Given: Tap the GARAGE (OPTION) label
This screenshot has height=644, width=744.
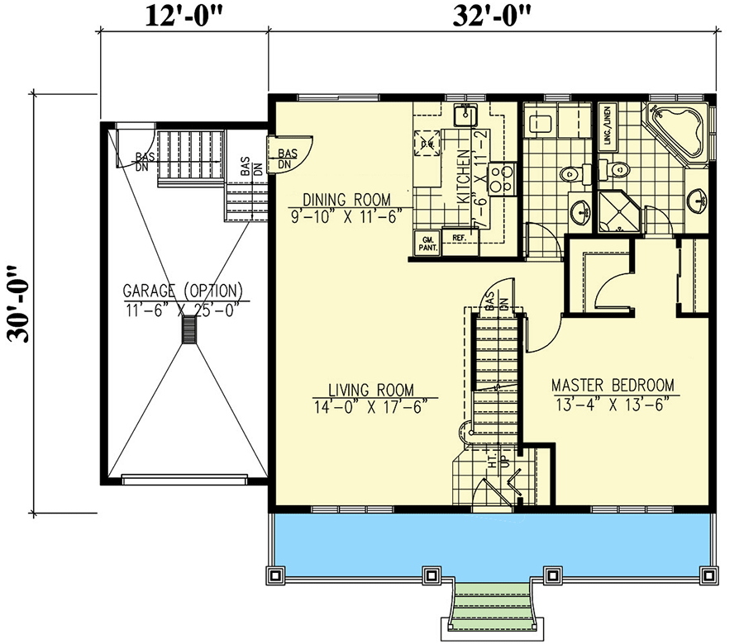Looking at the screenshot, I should coord(184,291).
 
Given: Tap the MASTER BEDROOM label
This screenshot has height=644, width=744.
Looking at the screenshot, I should coord(613,385).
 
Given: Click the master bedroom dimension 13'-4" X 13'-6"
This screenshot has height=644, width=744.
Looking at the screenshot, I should coord(612,402).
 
